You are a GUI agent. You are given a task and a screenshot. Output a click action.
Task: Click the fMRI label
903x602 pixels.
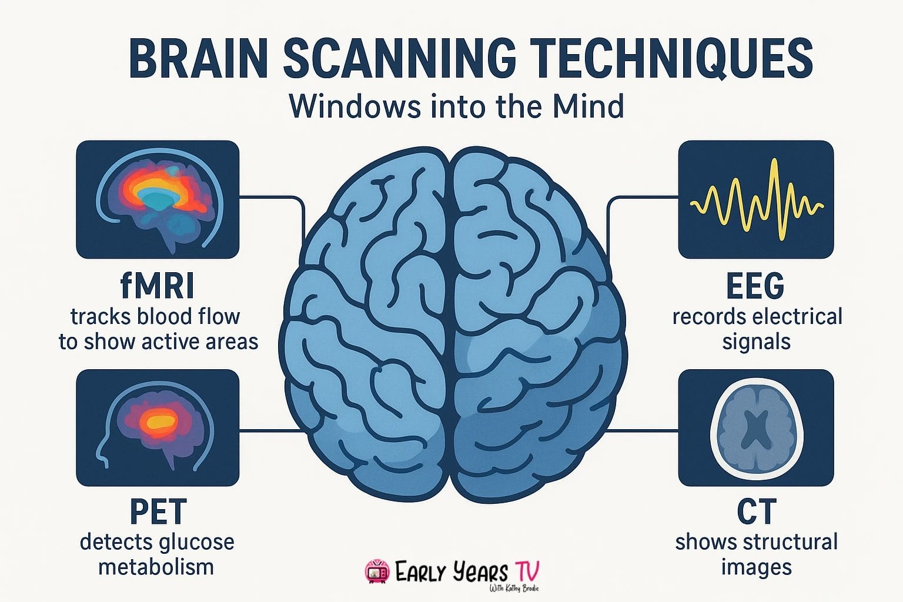pyautogui.click(x=157, y=286)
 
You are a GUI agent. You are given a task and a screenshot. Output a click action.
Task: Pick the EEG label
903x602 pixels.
pyautogui.click(x=755, y=286)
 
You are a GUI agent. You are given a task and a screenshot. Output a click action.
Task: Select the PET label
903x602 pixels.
pyautogui.click(x=158, y=511)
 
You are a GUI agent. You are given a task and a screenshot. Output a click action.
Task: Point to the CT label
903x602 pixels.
pyautogui.click(x=757, y=511)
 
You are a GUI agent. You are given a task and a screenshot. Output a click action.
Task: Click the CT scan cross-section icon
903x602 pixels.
pyautogui.click(x=756, y=427)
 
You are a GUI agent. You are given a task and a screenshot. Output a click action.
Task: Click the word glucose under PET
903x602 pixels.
pyautogui.click(x=196, y=542)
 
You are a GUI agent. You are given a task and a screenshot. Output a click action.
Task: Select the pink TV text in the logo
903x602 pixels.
pyautogui.click(x=527, y=570)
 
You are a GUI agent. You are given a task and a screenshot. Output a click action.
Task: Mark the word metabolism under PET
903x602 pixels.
pyautogui.click(x=156, y=567)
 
